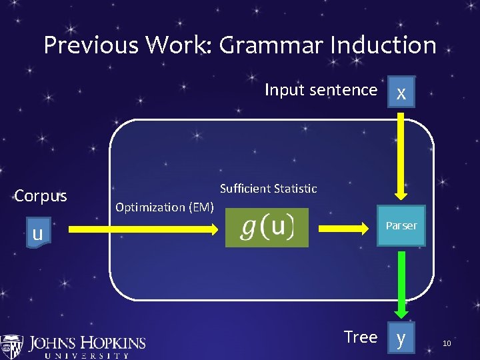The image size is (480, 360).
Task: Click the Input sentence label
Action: (321, 90)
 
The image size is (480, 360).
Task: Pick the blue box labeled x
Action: (401, 93)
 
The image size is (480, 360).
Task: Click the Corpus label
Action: (41, 196)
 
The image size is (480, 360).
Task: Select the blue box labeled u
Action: (38, 233)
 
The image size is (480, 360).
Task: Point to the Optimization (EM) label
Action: (165, 207)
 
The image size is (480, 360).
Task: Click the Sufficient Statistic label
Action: (268, 189)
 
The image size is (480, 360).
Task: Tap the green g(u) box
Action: (267, 227)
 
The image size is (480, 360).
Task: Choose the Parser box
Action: (401, 226)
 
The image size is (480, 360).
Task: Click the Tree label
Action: (361, 337)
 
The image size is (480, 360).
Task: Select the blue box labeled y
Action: (401, 338)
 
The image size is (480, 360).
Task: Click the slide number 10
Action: (447, 343)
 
